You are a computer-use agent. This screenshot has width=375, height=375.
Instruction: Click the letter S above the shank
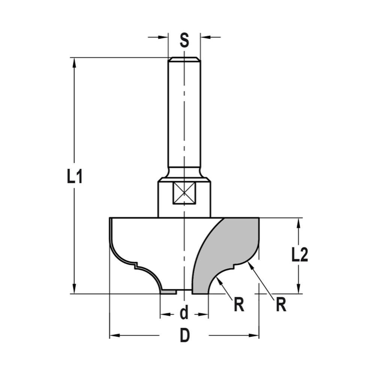point(184,40)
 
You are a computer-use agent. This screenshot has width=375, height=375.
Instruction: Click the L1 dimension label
point(75,177)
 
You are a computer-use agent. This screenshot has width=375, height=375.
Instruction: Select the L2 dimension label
point(300,256)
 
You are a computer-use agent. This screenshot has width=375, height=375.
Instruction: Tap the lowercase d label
point(184,313)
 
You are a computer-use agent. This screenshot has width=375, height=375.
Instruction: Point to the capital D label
point(184,336)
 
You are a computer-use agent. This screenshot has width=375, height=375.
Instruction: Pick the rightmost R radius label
point(281,305)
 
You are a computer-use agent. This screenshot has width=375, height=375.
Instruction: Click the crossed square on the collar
point(184,193)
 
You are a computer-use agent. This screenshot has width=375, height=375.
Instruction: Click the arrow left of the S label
point(163,37)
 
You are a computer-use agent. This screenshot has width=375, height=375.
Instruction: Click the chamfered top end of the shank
point(184,59)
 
